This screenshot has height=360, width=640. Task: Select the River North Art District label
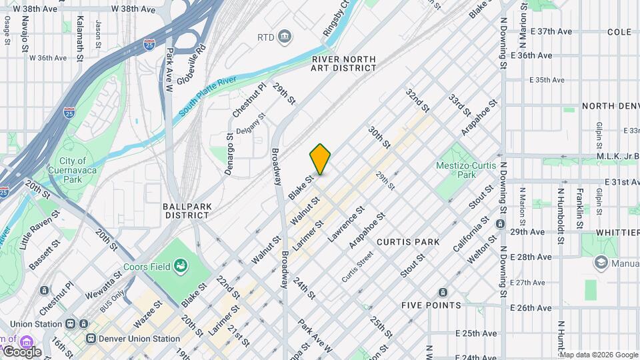(x=344, y=63)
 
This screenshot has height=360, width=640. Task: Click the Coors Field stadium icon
(x=179, y=267)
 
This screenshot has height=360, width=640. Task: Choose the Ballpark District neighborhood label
(x=187, y=211)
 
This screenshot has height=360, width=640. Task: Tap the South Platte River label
(x=207, y=97)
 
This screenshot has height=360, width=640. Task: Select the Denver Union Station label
(x=139, y=338)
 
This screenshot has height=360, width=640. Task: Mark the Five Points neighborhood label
(x=431, y=305)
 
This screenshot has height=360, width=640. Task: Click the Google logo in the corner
(x=21, y=351)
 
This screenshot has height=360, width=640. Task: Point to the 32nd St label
(x=417, y=99)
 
